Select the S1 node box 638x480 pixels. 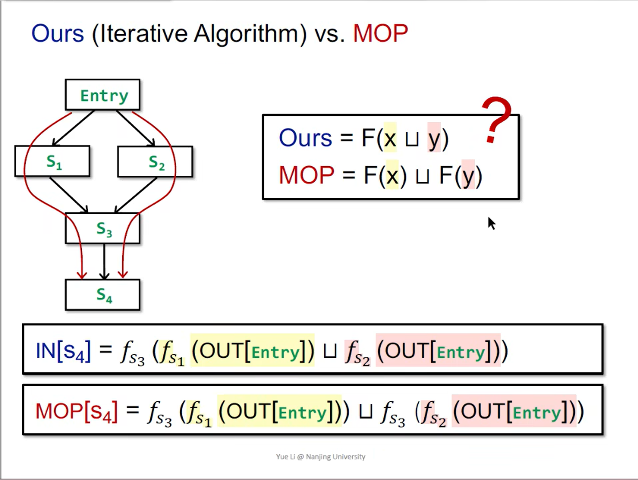(x=52, y=161)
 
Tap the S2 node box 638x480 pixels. (x=155, y=162)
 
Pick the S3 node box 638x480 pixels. (x=103, y=228)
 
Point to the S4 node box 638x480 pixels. (x=103, y=295)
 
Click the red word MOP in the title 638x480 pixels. (x=380, y=34)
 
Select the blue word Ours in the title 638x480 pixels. (x=57, y=34)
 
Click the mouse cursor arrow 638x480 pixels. (x=491, y=223)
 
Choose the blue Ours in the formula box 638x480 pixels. (x=305, y=138)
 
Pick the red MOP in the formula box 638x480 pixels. (x=306, y=175)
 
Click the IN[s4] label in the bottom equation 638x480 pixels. (x=63, y=351)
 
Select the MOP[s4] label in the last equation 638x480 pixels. (x=76, y=411)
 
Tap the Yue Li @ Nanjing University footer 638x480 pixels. (x=321, y=456)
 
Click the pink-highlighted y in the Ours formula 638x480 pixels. (x=434, y=139)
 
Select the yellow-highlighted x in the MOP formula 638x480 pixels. (x=392, y=176)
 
